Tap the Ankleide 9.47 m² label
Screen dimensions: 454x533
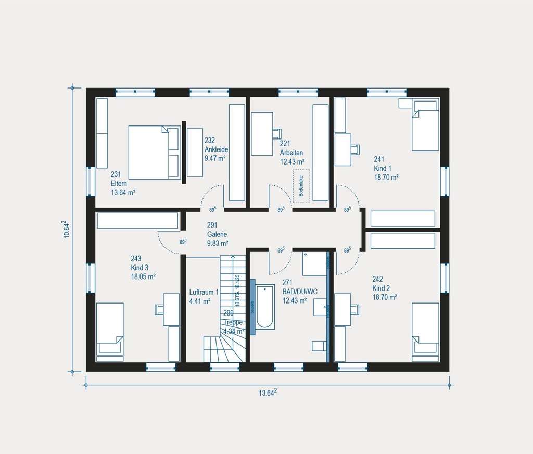click(216, 149)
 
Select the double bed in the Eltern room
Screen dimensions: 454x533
click(154, 152)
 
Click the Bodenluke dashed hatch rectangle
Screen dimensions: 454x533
click(301, 186)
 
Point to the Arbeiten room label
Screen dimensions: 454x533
click(291, 153)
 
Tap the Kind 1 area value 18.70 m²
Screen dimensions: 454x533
click(386, 178)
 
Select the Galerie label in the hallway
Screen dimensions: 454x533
click(217, 234)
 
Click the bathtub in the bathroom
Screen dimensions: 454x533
click(264, 307)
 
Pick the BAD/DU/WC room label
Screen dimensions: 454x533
click(299, 292)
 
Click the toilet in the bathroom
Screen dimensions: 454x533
click(318, 346)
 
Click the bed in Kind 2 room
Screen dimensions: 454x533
click(425, 329)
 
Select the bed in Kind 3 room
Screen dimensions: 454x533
click(109, 330)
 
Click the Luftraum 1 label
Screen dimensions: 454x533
click(204, 293)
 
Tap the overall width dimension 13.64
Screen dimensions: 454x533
click(268, 393)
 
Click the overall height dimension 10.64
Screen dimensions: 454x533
click(66, 230)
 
